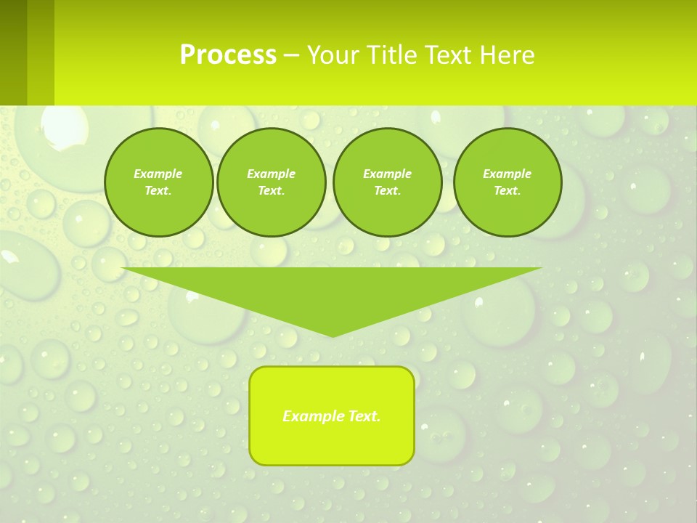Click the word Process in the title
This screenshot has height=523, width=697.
coord(228,55)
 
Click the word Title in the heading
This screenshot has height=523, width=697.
coord(392,55)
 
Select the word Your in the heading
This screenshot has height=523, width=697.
coord(335,55)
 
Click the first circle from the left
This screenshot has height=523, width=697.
coord(158,182)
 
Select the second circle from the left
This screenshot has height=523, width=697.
coord(271,182)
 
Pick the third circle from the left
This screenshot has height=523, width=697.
coord(387,182)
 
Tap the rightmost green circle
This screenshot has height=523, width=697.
coord(508,182)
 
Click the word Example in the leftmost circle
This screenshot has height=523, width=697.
coord(158,174)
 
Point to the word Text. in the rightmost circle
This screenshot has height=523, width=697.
coord(508,191)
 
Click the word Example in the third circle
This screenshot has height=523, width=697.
coord(387,174)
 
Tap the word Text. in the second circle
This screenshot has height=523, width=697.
coord(271,191)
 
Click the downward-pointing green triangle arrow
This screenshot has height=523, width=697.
coord(332,291)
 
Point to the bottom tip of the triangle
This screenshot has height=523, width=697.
coord(332,335)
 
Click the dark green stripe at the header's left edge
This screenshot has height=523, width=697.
coord(13,52)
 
